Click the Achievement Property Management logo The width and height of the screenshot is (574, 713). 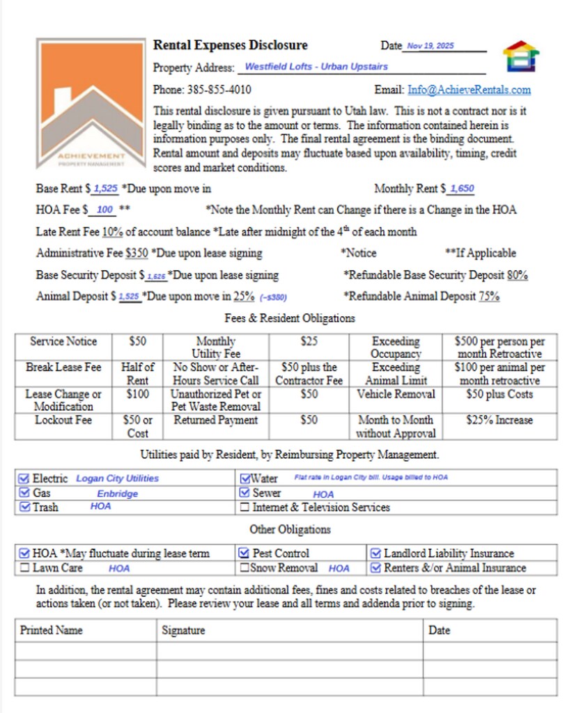92,104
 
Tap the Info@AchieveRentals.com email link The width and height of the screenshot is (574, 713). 469,90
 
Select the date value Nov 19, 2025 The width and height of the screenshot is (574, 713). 430,46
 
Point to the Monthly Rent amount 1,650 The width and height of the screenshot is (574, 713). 462,189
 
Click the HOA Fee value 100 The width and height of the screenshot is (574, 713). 105,210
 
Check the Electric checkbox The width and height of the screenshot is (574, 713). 24,478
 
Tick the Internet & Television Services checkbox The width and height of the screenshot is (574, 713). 245,508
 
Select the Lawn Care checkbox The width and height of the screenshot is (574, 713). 24,568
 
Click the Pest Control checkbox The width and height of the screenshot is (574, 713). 245,554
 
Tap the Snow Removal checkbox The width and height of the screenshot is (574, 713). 245,568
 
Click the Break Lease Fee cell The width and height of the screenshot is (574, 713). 63,367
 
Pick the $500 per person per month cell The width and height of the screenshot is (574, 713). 499,347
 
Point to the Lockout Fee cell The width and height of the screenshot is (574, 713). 63,421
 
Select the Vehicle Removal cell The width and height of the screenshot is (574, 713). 396,394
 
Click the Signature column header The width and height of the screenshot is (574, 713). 183,630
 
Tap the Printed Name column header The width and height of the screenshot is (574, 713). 51,630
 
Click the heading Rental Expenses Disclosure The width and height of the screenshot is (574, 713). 230,45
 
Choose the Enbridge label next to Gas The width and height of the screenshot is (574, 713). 117,494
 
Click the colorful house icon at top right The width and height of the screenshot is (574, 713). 521,56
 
